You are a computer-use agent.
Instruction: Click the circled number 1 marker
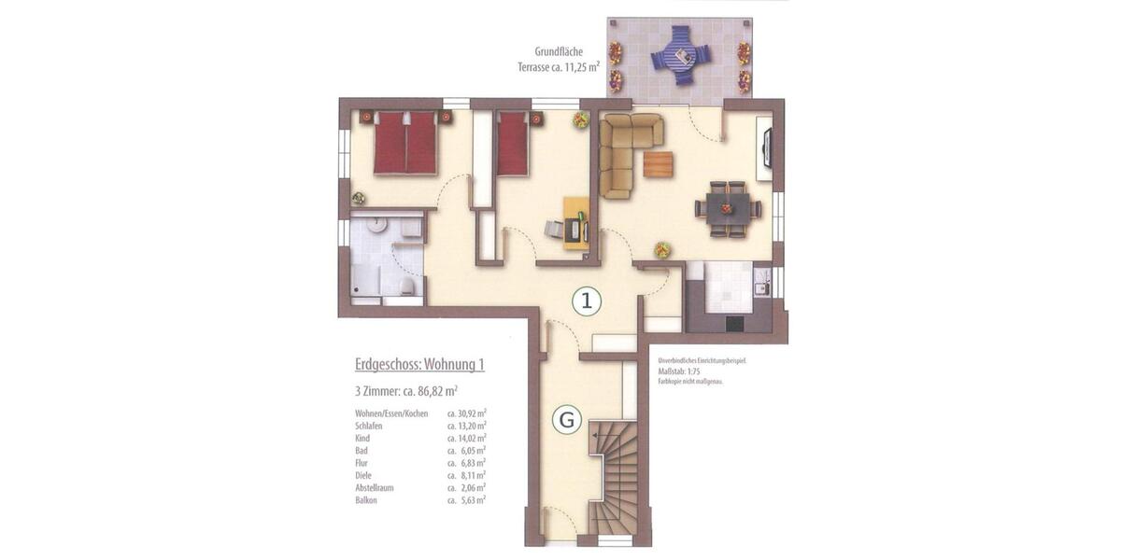[586, 301]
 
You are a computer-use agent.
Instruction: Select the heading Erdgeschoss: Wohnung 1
[419, 365]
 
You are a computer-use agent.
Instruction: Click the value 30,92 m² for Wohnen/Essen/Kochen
[467, 413]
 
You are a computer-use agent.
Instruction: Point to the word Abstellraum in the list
[376, 487]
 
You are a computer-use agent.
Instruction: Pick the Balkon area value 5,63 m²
[467, 499]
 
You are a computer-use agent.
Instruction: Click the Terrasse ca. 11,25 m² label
[558, 66]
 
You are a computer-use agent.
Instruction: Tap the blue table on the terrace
[681, 55]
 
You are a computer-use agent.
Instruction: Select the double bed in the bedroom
[405, 143]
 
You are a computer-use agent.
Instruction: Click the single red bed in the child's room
[513, 144]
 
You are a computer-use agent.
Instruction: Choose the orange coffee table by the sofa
[658, 164]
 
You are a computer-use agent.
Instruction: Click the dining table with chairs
[727, 209]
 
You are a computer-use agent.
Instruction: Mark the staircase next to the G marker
[613, 476]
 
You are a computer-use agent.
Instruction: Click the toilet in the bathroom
[407, 286]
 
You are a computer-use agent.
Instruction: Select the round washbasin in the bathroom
[376, 224]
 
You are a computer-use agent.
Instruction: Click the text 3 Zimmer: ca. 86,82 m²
[406, 391]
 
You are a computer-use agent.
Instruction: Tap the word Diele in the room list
[363, 475]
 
